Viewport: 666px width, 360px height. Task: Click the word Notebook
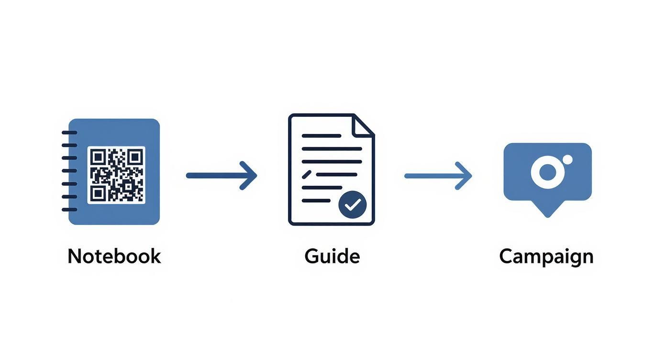(x=114, y=256)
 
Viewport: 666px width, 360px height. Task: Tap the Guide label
(x=332, y=256)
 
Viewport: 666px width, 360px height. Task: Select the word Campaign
(x=546, y=257)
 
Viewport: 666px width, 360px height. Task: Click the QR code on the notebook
(x=116, y=175)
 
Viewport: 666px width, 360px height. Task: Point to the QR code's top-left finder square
(x=98, y=157)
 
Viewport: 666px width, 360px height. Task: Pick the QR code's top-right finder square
(x=135, y=157)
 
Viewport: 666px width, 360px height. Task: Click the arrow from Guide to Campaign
(x=438, y=176)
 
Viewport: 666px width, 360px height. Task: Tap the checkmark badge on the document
(x=352, y=205)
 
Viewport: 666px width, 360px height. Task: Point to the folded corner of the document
(x=363, y=125)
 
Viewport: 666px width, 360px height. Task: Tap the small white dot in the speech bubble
(x=567, y=159)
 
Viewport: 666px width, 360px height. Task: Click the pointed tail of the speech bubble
(x=548, y=211)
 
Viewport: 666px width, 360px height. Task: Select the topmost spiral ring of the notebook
(x=69, y=132)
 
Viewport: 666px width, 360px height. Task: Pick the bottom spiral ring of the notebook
(x=69, y=210)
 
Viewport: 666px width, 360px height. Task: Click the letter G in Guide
(x=312, y=256)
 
